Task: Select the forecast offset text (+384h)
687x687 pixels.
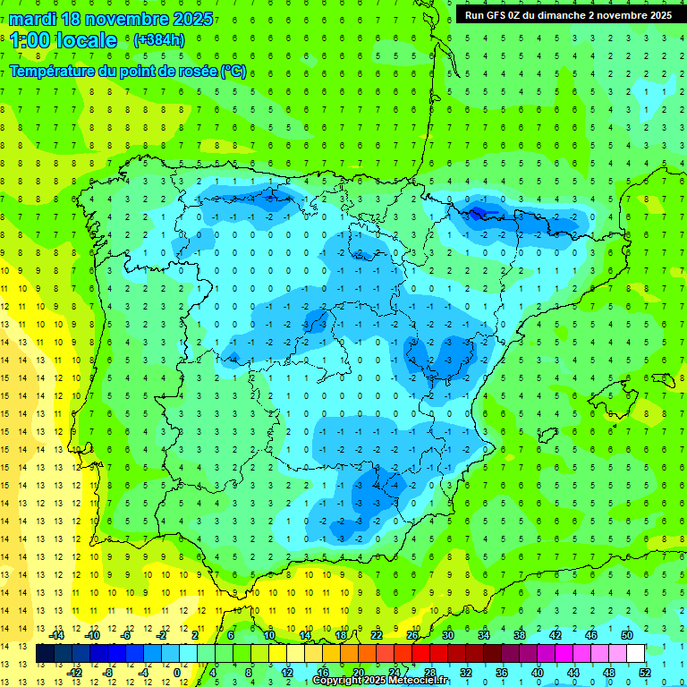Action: (x=158, y=39)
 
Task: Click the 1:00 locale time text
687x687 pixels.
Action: (x=64, y=40)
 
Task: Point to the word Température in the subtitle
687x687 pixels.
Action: (x=55, y=72)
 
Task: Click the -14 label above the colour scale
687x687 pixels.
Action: (x=56, y=635)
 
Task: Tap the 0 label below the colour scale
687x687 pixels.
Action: (x=177, y=673)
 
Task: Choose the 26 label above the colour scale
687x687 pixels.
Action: (x=411, y=635)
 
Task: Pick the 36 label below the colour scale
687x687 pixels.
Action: (x=501, y=673)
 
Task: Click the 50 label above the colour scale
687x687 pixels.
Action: (x=626, y=635)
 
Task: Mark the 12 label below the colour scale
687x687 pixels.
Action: (x=288, y=673)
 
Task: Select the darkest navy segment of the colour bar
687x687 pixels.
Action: (x=45, y=654)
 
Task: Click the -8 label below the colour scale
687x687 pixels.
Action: (x=108, y=673)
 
